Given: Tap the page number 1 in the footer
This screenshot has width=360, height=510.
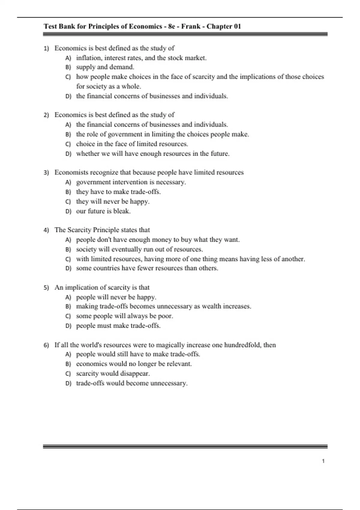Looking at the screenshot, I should (323, 461).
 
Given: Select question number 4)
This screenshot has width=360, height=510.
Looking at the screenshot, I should (46, 230).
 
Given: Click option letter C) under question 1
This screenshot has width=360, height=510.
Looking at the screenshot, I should (68, 77).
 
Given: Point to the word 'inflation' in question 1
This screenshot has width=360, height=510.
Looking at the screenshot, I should (89, 58).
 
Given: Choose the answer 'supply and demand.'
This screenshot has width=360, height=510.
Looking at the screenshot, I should (105, 67).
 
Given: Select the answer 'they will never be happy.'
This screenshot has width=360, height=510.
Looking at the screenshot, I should (112, 202).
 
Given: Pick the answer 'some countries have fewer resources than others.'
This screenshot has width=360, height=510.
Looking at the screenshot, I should (147, 268).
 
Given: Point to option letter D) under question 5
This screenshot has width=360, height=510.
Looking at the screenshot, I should (68, 326).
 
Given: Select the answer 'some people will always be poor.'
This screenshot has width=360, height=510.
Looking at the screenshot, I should (124, 316).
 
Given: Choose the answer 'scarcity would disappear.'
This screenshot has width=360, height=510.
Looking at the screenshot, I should (113, 373).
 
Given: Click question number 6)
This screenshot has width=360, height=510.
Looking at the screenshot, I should (46, 345).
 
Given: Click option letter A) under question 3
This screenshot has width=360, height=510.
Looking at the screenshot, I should (68, 182).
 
